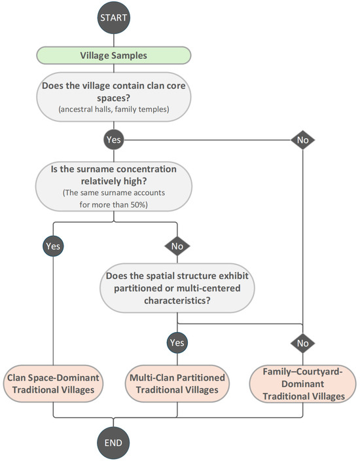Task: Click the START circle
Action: (113, 18)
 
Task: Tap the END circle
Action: (113, 443)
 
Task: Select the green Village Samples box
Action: (113, 55)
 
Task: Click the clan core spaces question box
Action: (113, 97)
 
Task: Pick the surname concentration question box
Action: (114, 187)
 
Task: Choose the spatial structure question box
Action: (177, 288)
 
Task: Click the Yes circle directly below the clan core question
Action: (114, 139)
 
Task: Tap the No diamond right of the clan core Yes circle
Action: (302, 140)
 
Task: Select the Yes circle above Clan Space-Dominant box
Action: (53, 246)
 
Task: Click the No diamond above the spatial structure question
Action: (177, 246)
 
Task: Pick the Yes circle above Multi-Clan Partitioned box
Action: (177, 342)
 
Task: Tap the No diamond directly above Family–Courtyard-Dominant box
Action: (302, 343)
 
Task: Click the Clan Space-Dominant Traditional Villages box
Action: (53, 384)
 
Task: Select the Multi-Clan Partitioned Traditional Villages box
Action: (177, 384)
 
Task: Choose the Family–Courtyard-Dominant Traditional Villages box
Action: (302, 384)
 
